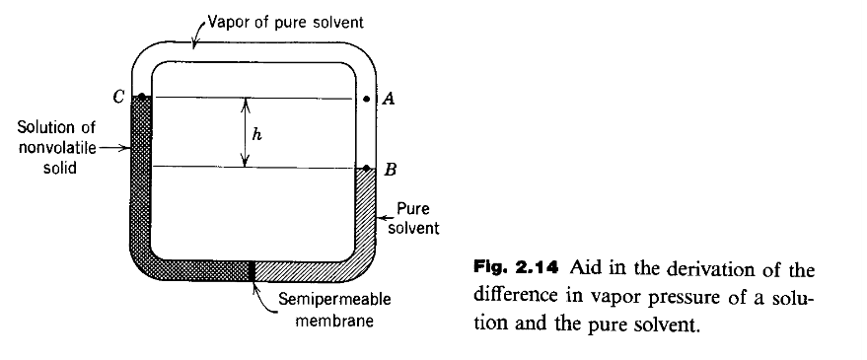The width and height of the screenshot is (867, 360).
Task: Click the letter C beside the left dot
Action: (x=117, y=96)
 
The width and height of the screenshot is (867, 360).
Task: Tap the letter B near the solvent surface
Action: (x=391, y=170)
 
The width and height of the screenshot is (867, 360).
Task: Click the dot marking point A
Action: (x=367, y=99)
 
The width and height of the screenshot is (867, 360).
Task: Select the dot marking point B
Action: (x=367, y=169)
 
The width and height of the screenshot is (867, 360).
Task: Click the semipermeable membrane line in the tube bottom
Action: (x=254, y=270)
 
